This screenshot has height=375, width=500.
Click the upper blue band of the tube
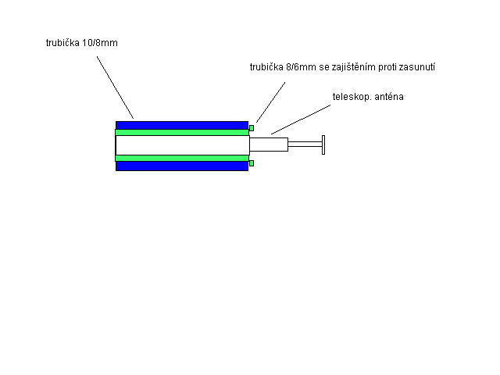tap(182, 125)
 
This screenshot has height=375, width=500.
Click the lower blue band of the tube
tap(182, 166)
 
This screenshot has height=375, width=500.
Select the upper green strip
tap(182, 132)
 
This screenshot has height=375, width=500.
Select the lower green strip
tap(182, 158)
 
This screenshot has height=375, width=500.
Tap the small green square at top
tap(252, 128)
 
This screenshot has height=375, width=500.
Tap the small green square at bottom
tap(252, 163)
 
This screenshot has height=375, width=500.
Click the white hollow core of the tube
tap(182, 145)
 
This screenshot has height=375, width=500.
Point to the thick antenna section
tap(269, 145)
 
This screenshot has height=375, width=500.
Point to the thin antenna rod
tap(305, 145)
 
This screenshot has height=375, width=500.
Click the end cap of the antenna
tap(323, 145)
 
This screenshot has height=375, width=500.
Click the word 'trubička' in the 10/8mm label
tap(62, 43)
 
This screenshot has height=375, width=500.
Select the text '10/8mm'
tap(100, 43)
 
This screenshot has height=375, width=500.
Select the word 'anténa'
tap(389, 97)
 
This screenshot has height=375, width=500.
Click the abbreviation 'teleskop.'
tap(352, 97)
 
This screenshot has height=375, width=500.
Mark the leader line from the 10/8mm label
tap(115, 87)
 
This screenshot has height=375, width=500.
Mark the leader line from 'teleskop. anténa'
tap(301, 120)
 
